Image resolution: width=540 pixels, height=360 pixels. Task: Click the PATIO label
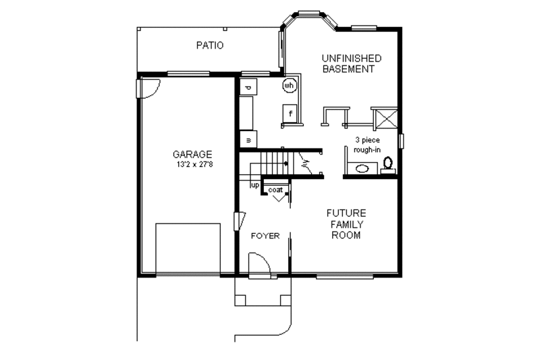click(210, 46)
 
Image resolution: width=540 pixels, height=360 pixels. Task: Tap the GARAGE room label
click(192, 154)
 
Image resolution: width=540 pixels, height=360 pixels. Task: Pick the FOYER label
click(265, 236)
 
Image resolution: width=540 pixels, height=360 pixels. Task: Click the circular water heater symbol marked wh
click(290, 86)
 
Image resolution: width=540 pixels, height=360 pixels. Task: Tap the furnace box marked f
click(290, 113)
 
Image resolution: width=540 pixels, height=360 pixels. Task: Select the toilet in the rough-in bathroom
click(388, 163)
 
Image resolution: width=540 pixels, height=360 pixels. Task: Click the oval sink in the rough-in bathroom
click(363, 168)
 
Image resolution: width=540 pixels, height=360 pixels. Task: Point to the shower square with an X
click(386, 117)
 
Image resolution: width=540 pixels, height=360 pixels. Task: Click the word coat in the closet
click(276, 190)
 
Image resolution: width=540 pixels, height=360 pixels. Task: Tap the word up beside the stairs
click(255, 184)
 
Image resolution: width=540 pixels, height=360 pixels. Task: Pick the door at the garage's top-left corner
click(148, 87)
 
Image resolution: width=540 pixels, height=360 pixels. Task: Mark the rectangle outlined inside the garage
click(188, 249)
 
